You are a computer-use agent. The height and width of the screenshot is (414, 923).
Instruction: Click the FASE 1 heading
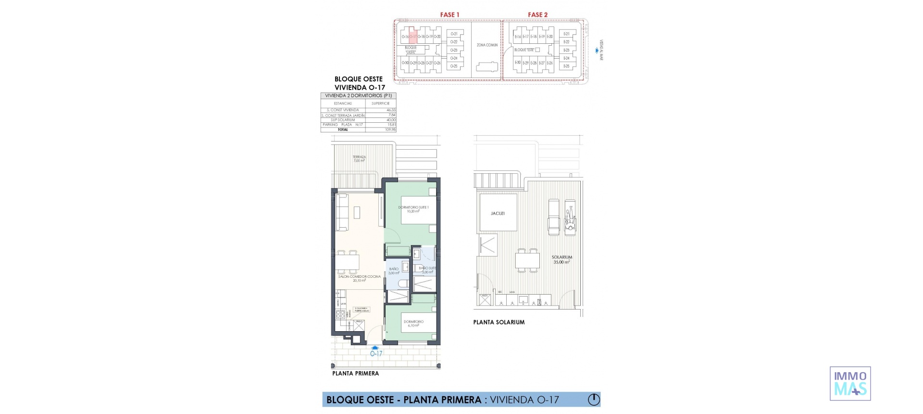click(449, 15)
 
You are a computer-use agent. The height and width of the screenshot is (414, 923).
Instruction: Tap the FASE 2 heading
click(537, 15)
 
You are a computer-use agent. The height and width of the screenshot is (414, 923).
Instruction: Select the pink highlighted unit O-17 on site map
click(413, 37)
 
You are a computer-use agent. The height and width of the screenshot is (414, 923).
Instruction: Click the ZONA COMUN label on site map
click(487, 45)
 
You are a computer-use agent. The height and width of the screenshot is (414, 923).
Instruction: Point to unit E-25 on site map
click(566, 66)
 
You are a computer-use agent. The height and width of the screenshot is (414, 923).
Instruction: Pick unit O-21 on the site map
click(454, 34)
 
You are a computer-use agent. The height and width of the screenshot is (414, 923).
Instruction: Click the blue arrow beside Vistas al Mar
click(597, 50)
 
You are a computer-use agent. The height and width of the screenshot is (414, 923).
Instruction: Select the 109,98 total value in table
click(390, 129)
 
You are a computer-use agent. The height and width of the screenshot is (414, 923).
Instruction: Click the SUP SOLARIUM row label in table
click(343, 120)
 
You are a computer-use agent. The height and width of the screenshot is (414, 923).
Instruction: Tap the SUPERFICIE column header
click(380, 103)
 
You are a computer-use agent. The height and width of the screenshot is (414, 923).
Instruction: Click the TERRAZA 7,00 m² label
click(359, 159)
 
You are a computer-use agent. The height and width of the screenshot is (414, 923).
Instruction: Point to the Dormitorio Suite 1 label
click(413, 209)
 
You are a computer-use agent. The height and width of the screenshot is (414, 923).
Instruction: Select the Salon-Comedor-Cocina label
click(359, 278)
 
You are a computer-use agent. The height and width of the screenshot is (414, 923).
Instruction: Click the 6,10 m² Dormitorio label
click(413, 323)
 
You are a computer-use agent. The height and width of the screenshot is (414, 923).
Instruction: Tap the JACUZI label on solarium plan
click(498, 213)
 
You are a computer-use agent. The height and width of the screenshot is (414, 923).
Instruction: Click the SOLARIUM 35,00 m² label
click(561, 259)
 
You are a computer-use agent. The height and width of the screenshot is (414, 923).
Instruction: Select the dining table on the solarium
click(527, 260)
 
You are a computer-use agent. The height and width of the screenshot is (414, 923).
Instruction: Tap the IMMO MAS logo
click(850, 384)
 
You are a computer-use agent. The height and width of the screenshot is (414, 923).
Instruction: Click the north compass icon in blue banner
click(594, 400)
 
